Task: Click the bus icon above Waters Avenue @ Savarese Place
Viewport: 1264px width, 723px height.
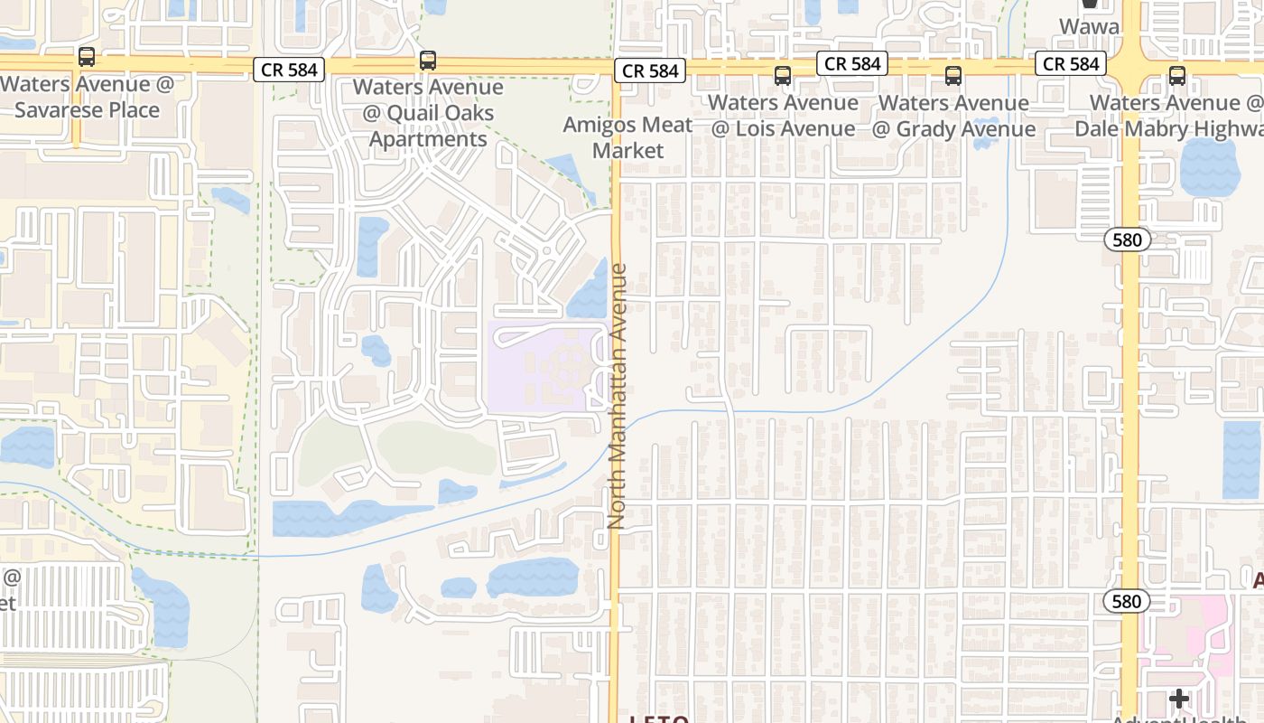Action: (x=87, y=57)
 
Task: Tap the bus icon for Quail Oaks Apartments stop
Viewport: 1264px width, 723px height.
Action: (x=428, y=61)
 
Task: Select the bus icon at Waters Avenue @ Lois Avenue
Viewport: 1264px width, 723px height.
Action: (x=782, y=76)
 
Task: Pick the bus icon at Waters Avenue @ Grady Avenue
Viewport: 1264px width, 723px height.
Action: (x=953, y=76)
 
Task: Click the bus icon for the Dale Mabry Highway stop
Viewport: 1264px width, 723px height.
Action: (x=1177, y=76)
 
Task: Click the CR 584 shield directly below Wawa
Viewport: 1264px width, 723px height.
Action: (x=1072, y=63)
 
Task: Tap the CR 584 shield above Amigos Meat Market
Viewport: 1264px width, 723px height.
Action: (x=650, y=70)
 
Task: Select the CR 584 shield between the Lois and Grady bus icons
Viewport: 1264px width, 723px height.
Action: (x=852, y=63)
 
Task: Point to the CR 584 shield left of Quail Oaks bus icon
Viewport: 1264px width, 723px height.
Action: (x=288, y=69)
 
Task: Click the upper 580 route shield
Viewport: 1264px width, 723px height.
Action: (x=1127, y=240)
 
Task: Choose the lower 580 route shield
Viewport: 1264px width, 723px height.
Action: (x=1127, y=601)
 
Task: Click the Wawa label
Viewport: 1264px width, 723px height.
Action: (x=1089, y=26)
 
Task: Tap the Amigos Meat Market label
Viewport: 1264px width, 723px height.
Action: (x=628, y=137)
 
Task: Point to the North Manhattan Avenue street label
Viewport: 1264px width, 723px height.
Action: (x=618, y=396)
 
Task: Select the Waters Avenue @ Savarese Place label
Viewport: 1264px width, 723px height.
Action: (x=88, y=98)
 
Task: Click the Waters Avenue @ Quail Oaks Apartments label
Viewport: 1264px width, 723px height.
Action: (x=428, y=114)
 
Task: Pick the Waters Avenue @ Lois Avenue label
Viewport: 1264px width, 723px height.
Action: (x=782, y=116)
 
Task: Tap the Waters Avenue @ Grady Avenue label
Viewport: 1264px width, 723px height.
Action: (x=953, y=116)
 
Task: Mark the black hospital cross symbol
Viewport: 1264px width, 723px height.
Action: (x=1179, y=698)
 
